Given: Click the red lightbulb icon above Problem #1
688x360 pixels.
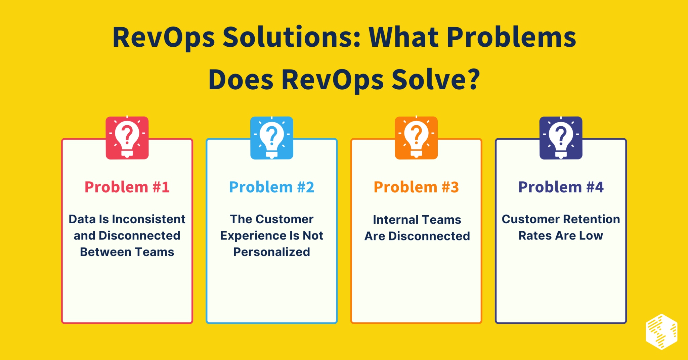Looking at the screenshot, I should coord(127,138).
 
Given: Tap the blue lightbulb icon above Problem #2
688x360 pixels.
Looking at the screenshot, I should coord(271,138).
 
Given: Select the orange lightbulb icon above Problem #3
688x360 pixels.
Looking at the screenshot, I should coord(416,138).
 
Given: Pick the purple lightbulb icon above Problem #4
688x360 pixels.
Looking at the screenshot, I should coord(561,138).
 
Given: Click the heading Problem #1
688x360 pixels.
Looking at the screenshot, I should coord(127,187).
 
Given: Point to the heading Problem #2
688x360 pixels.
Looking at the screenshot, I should coord(271,187).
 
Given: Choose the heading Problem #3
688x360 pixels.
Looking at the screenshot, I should coord(416,187).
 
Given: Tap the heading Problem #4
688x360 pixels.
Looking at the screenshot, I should coord(561,187).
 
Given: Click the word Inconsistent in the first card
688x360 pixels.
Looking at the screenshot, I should coord(148,219).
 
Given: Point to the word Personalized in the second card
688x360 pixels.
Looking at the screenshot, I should coord(271,252).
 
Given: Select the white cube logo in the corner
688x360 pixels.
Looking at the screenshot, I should coord(661,332).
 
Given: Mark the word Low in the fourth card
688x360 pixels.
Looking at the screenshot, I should coord(591,236).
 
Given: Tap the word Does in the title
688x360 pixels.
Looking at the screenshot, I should coord(241,80).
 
